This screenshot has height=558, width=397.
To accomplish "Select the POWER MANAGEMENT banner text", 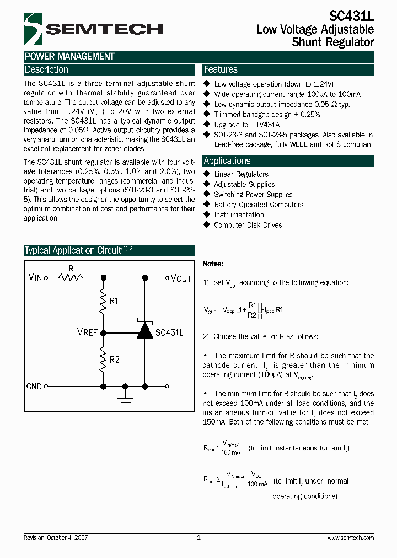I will (x=69, y=56).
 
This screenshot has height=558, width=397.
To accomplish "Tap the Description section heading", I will (x=47, y=70).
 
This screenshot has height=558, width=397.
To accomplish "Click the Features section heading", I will (x=221, y=70).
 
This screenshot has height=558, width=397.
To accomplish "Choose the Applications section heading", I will (x=227, y=161).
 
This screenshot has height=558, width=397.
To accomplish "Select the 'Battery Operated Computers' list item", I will (x=259, y=205).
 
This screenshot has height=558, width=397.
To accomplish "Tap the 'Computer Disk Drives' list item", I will (x=248, y=225).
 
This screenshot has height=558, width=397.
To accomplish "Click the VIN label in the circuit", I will (x=35, y=277).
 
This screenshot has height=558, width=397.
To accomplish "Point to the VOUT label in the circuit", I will (x=181, y=278).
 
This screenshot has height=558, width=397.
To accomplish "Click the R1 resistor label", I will (x=114, y=301).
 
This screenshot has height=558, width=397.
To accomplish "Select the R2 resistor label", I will (x=114, y=360).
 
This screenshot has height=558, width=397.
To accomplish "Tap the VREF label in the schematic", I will (x=87, y=332).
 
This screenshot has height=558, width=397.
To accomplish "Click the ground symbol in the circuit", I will (x=126, y=399).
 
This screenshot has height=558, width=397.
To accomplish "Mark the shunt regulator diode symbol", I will (x=144, y=330).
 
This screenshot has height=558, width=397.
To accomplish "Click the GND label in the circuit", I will (x=34, y=387).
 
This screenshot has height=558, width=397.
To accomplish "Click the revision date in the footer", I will (x=56, y=538).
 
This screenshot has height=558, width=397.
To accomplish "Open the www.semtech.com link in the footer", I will (x=351, y=538).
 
